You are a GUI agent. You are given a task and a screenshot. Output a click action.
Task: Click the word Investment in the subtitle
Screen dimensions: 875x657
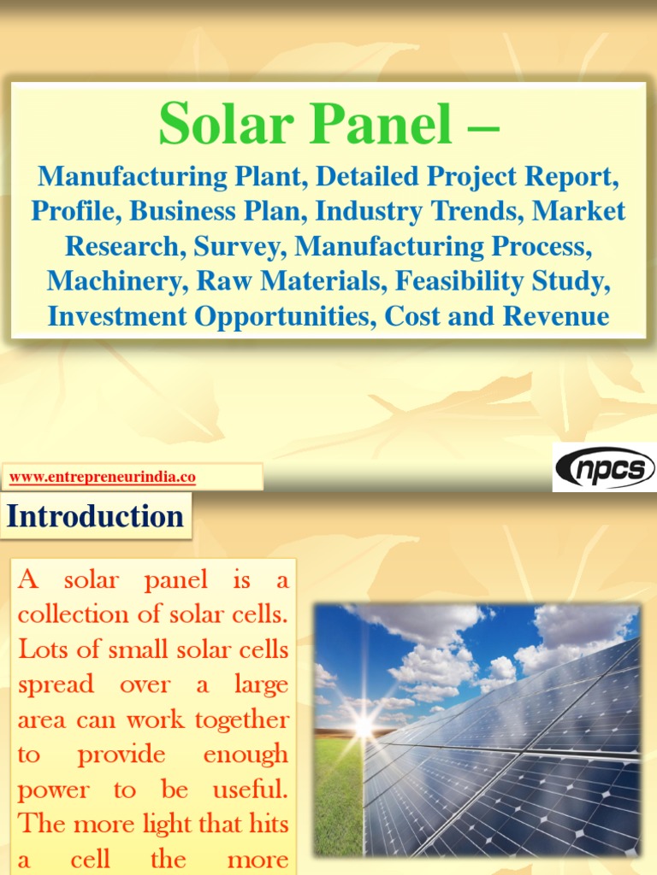click(x=117, y=316)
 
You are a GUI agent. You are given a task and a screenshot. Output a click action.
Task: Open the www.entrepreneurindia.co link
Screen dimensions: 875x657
click(x=102, y=478)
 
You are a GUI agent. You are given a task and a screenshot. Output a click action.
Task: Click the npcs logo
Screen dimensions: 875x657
click(x=604, y=468)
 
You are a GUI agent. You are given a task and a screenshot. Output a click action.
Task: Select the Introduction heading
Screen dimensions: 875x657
click(x=95, y=517)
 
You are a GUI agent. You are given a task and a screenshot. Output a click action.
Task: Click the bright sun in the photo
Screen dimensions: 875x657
click(x=364, y=726)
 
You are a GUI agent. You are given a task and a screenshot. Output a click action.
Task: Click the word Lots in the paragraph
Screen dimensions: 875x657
click(x=40, y=649)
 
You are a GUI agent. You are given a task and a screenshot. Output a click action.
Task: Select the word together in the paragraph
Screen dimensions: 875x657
click(x=242, y=720)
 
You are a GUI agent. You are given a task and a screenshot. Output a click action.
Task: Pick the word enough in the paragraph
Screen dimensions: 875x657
click(x=246, y=755)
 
